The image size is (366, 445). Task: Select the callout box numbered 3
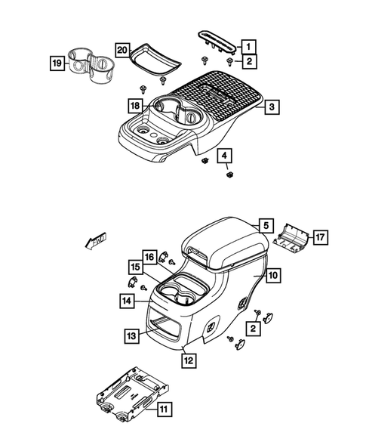[270, 108]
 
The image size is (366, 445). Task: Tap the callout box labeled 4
[224, 157]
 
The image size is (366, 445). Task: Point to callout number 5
[264, 225]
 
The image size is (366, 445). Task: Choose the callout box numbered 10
[272, 276]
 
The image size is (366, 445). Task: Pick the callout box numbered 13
[131, 335]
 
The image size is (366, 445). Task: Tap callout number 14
[124, 301]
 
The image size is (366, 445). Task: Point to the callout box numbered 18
[134, 107]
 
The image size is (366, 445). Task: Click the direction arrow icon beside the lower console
[96, 240]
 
